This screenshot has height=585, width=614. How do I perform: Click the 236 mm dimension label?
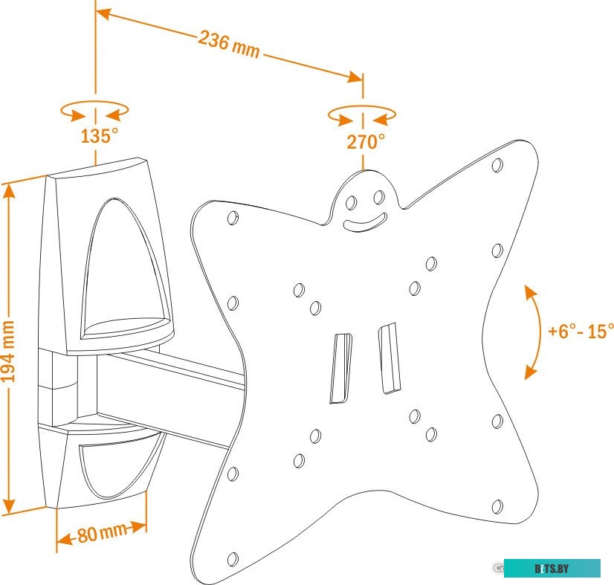(229, 45)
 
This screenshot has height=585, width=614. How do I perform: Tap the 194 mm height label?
(9, 352)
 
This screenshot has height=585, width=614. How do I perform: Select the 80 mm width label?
(103, 533)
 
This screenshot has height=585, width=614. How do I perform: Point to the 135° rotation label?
(99, 136)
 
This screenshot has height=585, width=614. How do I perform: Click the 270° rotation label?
(366, 142)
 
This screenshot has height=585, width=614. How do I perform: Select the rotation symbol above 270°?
(362, 114)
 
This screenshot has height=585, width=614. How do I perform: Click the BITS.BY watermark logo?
(552, 568)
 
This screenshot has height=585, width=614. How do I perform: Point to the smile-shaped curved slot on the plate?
(365, 222)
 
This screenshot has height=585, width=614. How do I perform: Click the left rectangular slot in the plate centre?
(340, 368)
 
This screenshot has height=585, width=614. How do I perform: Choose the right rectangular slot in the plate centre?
(389, 358)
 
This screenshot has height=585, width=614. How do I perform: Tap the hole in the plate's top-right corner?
(497, 164)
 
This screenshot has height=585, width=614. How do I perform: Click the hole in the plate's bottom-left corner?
(233, 559)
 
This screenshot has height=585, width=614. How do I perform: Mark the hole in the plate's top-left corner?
(233, 218)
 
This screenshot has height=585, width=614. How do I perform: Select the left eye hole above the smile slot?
(351, 203)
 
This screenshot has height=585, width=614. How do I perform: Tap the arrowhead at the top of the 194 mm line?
(9, 192)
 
